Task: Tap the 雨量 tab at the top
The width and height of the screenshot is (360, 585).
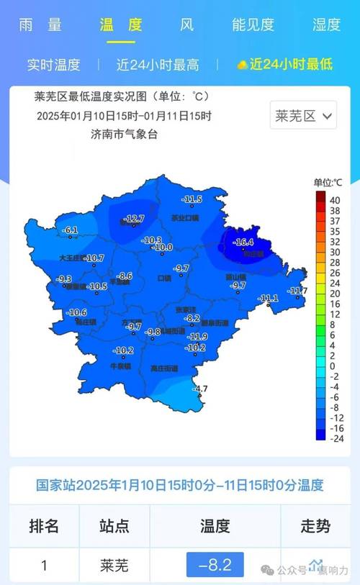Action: pos(40,24)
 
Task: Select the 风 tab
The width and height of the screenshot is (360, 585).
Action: pos(187,24)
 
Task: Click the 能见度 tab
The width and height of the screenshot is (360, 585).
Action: pos(253,24)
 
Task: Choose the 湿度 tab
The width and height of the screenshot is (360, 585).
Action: pos(326,24)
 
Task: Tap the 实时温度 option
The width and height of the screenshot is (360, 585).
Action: pos(53,64)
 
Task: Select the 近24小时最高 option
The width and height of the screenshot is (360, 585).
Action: pos(158,64)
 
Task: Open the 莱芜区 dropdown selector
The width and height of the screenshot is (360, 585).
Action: pos(303,116)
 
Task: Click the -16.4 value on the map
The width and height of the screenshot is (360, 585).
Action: pos(245,242)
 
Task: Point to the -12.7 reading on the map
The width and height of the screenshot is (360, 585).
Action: pos(135,218)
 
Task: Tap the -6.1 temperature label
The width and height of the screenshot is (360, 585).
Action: pos(71,230)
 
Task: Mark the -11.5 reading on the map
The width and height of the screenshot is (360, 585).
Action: pos(192,199)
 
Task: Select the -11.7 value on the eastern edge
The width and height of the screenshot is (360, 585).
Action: pos(297,291)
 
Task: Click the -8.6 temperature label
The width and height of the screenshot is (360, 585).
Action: pos(125,276)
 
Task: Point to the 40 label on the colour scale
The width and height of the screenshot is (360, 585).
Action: pos(335,199)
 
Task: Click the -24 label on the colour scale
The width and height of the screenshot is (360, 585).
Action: pos(335,437)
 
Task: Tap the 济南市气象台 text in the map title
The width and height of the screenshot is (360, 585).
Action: pos(124,134)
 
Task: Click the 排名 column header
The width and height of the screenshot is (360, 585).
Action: pos(44,526)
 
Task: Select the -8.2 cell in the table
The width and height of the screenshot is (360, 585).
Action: pos(215,566)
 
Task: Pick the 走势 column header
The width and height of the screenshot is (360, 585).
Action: pos(315,526)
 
